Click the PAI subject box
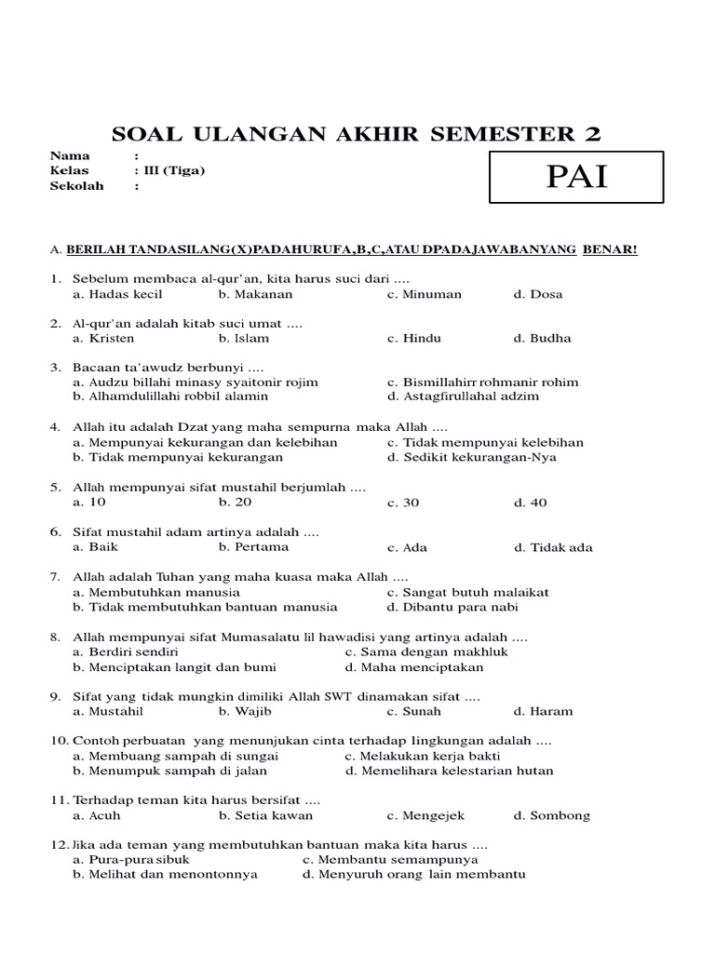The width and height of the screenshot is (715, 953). pyautogui.click(x=577, y=175)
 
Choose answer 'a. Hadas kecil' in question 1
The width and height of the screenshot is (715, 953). pyautogui.click(x=117, y=294)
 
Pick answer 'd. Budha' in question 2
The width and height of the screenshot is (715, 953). pyautogui.click(x=542, y=338)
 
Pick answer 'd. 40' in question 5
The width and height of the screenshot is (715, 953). pyautogui.click(x=530, y=503)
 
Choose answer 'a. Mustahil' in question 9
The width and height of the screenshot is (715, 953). pyautogui.click(x=108, y=711)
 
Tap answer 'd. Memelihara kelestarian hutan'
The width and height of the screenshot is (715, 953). pyautogui.click(x=449, y=771)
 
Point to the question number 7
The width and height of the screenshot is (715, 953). pyautogui.click(x=55, y=577)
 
